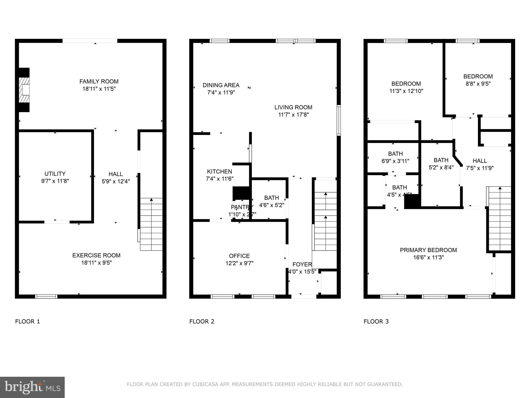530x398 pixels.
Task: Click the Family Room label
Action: point(99,81)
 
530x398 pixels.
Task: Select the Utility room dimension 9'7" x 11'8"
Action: point(55,181)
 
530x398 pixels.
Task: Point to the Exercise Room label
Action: point(96,255)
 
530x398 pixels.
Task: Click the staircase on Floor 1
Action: point(151,224)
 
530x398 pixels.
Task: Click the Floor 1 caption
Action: point(28,322)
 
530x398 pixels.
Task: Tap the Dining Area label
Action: point(221,85)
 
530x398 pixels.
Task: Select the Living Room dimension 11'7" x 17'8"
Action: point(293,115)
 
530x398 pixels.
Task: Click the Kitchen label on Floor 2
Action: point(219,172)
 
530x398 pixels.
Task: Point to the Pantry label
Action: point(242,207)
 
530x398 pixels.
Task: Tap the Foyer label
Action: point(302,265)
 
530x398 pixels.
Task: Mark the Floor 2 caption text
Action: point(202,322)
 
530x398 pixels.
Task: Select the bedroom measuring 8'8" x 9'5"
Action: point(478,80)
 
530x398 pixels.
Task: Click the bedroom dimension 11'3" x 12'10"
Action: point(406,91)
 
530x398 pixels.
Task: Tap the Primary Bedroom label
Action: point(428,250)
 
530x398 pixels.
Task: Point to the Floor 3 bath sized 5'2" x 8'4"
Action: point(441,164)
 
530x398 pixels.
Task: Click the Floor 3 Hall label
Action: point(480,161)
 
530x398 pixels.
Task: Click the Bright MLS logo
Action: point(32,387)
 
